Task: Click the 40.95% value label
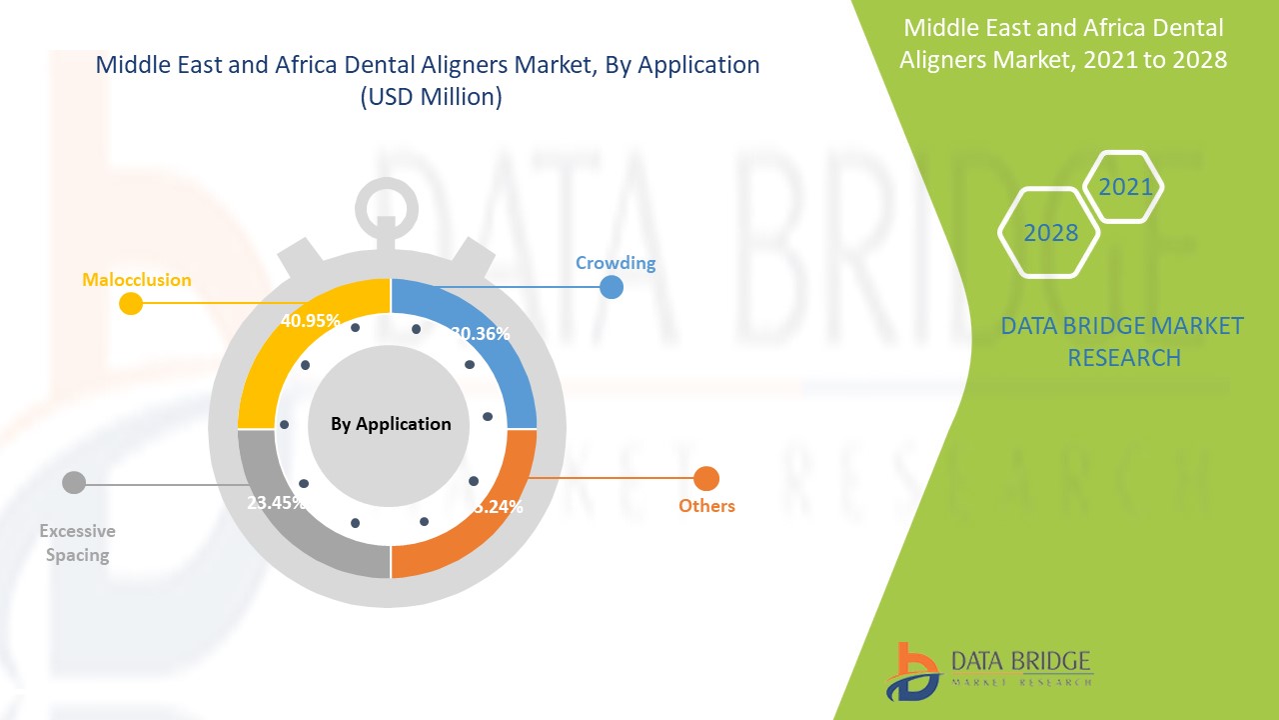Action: pos(309,321)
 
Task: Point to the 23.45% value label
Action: pos(276,503)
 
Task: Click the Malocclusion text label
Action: pos(136,280)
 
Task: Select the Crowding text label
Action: pos(616,263)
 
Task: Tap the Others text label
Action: pos(706,506)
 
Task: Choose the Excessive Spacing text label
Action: pos(77,543)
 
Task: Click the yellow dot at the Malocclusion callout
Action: pos(130,303)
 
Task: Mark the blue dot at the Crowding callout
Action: pos(612,287)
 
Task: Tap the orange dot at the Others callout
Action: pos(706,479)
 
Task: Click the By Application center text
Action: pos(391,424)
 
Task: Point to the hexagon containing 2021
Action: pos(1124,187)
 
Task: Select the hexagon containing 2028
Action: pos(1049,232)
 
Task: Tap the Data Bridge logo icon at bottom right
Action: pos(911,671)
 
